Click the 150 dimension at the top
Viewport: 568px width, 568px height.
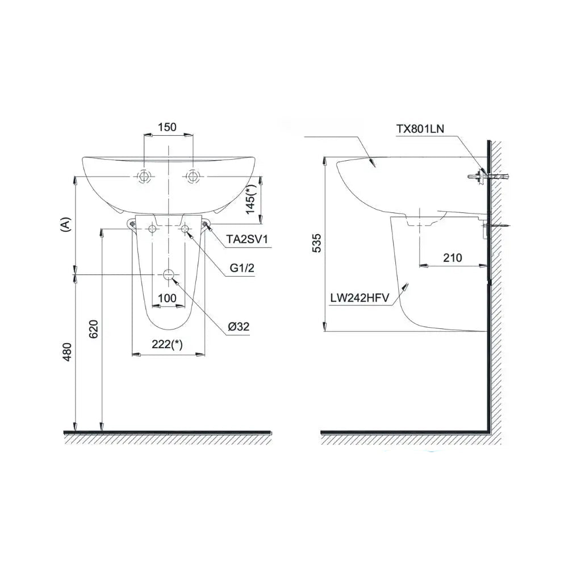point(167,127)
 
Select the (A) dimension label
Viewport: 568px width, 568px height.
point(65,224)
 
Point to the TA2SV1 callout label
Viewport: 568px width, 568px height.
point(247,239)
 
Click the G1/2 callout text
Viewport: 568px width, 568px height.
point(242,268)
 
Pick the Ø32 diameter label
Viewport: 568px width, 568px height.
point(239,327)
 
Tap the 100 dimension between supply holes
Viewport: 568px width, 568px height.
point(168,298)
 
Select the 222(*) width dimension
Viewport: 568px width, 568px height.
point(168,344)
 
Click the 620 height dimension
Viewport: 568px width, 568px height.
point(94,329)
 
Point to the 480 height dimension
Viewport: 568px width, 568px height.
point(68,352)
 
